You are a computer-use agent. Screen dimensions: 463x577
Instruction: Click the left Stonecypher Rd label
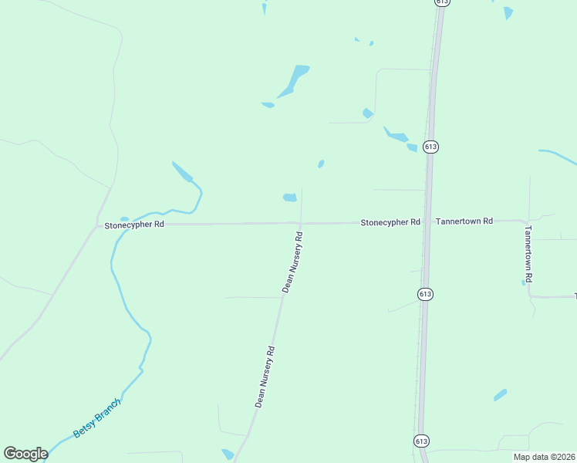coord(134,225)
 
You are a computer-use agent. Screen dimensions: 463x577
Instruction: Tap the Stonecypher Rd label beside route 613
coord(390,222)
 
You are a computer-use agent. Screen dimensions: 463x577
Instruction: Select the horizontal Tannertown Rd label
coord(464,221)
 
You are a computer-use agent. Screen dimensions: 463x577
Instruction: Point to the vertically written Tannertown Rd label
coord(528,253)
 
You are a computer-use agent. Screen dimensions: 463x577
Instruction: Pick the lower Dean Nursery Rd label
coord(265,376)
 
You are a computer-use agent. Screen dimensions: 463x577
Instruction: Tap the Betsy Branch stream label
coord(98,418)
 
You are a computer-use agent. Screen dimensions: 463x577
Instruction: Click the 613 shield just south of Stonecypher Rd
coord(425,294)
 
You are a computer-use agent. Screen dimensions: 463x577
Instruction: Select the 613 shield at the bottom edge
coord(421,440)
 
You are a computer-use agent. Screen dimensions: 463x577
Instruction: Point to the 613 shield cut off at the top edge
coord(441,2)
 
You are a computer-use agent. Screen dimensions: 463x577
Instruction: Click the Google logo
coord(25,454)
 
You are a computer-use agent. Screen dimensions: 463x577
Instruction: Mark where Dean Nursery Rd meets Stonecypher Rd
coord(300,224)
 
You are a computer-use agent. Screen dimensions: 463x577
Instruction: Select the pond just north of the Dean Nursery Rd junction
coord(289,198)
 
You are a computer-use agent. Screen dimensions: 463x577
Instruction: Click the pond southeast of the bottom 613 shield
coord(500,395)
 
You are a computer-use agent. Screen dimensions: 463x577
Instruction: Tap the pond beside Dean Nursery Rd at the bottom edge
coord(228,455)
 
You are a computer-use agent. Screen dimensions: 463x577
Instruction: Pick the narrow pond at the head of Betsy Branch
coord(182,171)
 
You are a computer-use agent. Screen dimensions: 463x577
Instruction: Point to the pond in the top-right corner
coord(508,13)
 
